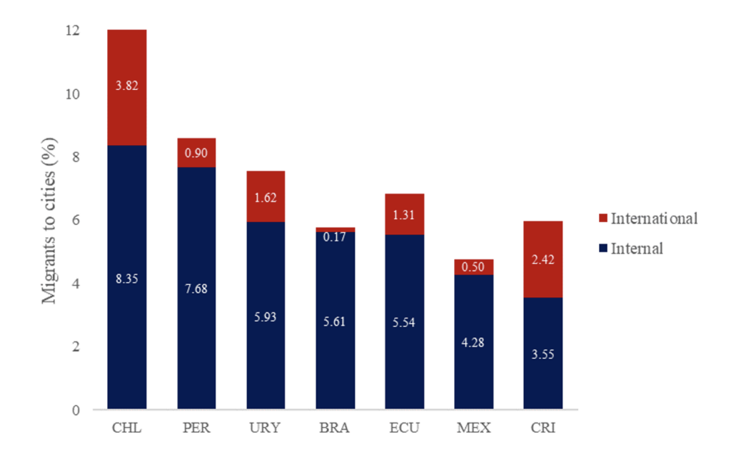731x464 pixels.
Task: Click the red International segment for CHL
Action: (x=127, y=114)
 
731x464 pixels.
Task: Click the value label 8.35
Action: (x=127, y=278)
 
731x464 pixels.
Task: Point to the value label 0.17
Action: (x=335, y=236)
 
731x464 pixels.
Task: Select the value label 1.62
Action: (x=266, y=197)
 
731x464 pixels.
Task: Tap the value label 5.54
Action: (x=404, y=323)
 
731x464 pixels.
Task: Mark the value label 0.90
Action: (x=196, y=153)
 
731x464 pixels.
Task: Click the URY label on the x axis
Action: (x=266, y=428)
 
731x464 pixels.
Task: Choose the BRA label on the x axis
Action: (x=335, y=428)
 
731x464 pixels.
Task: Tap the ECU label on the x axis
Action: (x=404, y=428)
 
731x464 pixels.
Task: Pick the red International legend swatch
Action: (x=603, y=219)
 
